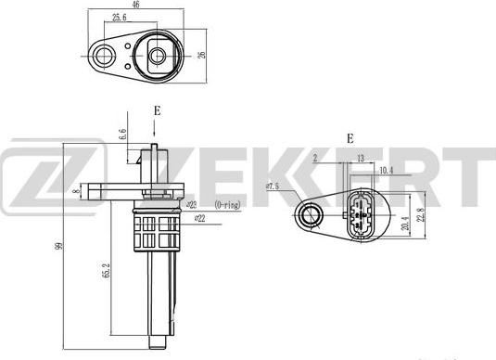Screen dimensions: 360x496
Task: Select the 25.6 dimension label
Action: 119,18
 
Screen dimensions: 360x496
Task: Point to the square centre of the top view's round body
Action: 159,57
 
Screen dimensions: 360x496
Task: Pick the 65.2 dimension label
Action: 107,272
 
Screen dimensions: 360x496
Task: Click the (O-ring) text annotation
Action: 227,204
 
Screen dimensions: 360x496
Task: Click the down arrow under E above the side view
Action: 157,129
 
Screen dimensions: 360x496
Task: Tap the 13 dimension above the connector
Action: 360,159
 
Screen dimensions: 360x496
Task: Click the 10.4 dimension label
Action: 386,171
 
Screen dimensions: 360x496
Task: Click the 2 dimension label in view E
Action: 315,159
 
